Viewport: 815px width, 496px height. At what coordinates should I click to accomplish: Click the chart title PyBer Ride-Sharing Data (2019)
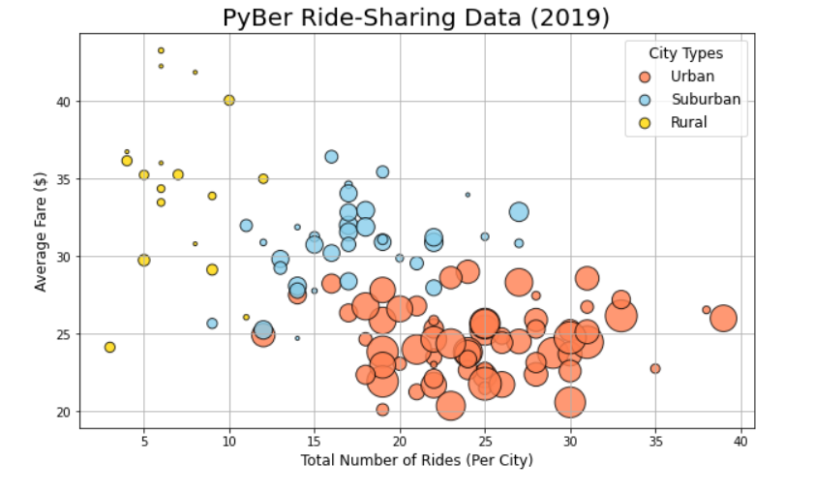pos(416,17)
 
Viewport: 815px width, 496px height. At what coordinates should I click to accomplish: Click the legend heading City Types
pos(684,53)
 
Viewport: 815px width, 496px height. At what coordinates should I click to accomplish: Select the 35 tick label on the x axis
pos(655,443)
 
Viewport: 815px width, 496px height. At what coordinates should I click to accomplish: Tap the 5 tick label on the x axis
pos(144,443)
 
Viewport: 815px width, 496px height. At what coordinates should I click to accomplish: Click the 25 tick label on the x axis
pos(485,443)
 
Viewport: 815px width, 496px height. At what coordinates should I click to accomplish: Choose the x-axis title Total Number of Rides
pos(416,461)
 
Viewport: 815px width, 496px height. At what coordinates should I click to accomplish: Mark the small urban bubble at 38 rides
pos(707,310)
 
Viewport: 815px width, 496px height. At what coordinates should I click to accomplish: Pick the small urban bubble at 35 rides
pos(655,369)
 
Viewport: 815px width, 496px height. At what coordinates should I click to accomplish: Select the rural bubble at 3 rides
pos(110,347)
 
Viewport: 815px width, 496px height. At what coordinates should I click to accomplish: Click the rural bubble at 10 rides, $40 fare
pos(229,101)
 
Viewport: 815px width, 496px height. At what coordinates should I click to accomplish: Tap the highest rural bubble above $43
pos(161,50)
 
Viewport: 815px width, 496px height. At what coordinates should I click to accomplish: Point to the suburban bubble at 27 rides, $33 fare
pos(519,212)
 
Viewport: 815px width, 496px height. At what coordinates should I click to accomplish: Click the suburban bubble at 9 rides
pos(212,324)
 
